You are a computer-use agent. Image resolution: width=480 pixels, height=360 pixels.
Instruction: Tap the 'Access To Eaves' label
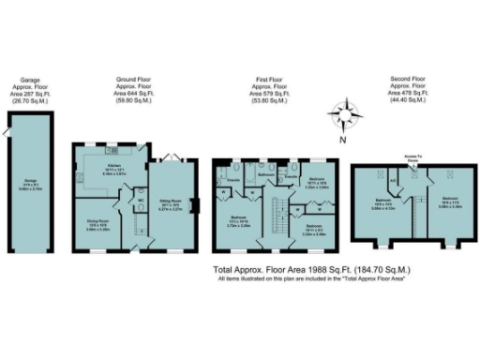[411, 158]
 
